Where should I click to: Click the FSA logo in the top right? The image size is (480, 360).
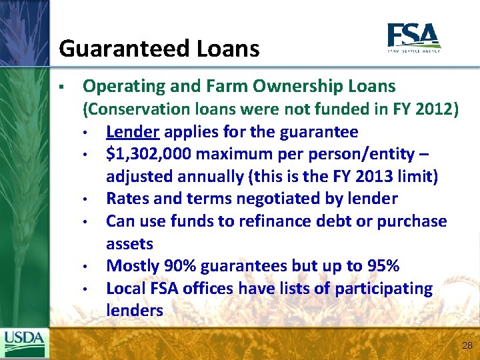point(413,37)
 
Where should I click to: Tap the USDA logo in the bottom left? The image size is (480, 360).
point(23,343)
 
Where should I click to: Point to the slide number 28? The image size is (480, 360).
point(467,345)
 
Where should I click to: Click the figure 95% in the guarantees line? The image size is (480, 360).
point(383,266)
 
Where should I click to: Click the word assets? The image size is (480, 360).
point(129,243)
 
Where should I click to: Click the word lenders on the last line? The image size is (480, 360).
point(134,311)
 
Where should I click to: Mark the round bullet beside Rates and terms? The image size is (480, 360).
point(86,199)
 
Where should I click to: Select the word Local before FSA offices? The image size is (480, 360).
point(127,289)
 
